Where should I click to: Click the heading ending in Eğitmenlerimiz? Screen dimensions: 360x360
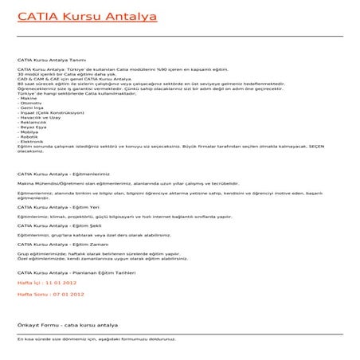pos(63,171)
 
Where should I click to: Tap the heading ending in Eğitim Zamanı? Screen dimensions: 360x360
pos(61,245)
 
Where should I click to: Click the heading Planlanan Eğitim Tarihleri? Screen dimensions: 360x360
pos(72,272)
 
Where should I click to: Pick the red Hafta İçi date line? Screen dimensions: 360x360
pos(47,283)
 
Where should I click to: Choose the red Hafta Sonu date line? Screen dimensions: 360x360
pos(50,294)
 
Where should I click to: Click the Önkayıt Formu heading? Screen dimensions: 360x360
pos(68,326)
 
